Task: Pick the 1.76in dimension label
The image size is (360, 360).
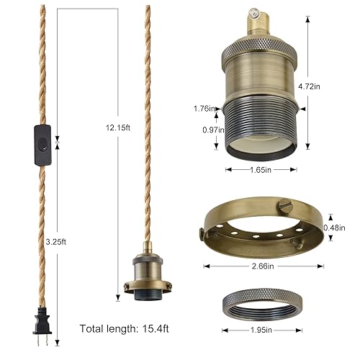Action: [203, 108]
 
